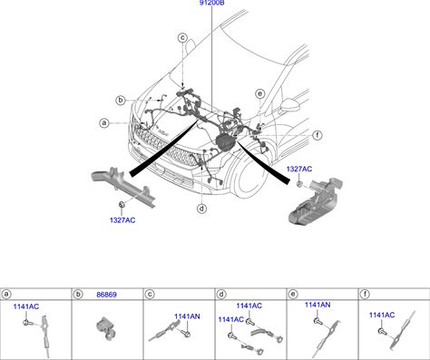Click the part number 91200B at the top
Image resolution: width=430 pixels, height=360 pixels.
[211, 3]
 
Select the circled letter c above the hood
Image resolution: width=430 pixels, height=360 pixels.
[182, 38]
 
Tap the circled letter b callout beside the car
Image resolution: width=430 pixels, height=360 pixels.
[121, 100]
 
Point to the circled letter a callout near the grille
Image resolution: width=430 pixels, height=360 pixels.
[104, 123]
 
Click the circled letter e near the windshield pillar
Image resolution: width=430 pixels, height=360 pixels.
[259, 93]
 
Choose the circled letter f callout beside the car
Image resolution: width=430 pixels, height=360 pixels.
[318, 135]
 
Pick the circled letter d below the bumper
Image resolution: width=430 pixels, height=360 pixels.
[201, 209]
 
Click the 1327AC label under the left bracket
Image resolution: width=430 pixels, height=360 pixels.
[122, 220]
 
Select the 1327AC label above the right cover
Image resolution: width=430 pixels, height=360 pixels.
[299, 169]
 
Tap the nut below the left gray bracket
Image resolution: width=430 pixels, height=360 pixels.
[122, 204]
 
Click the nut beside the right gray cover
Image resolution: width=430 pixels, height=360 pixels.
[299, 184]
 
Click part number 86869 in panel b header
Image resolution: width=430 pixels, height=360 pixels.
[106, 295]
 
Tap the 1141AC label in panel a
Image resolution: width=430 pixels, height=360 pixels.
[26, 306]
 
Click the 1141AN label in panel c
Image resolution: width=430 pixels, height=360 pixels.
[187, 316]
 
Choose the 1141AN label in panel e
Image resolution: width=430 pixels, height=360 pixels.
[318, 305]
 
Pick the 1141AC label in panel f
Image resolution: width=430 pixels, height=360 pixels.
[382, 315]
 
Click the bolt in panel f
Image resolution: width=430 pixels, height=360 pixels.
[382, 331]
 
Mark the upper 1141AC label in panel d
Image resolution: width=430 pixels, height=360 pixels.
[249, 306]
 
